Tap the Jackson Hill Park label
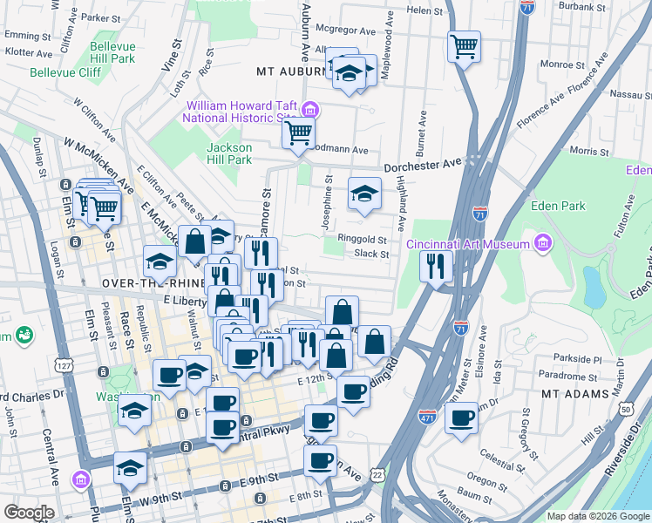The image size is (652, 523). (229, 153)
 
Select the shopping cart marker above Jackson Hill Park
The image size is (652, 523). (298, 134)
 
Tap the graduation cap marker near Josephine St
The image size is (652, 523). (364, 194)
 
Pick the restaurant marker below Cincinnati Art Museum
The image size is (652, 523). (435, 265)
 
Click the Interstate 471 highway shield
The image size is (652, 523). (427, 418)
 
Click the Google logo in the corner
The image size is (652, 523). (30, 512)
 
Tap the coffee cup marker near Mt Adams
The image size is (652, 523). (461, 417)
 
